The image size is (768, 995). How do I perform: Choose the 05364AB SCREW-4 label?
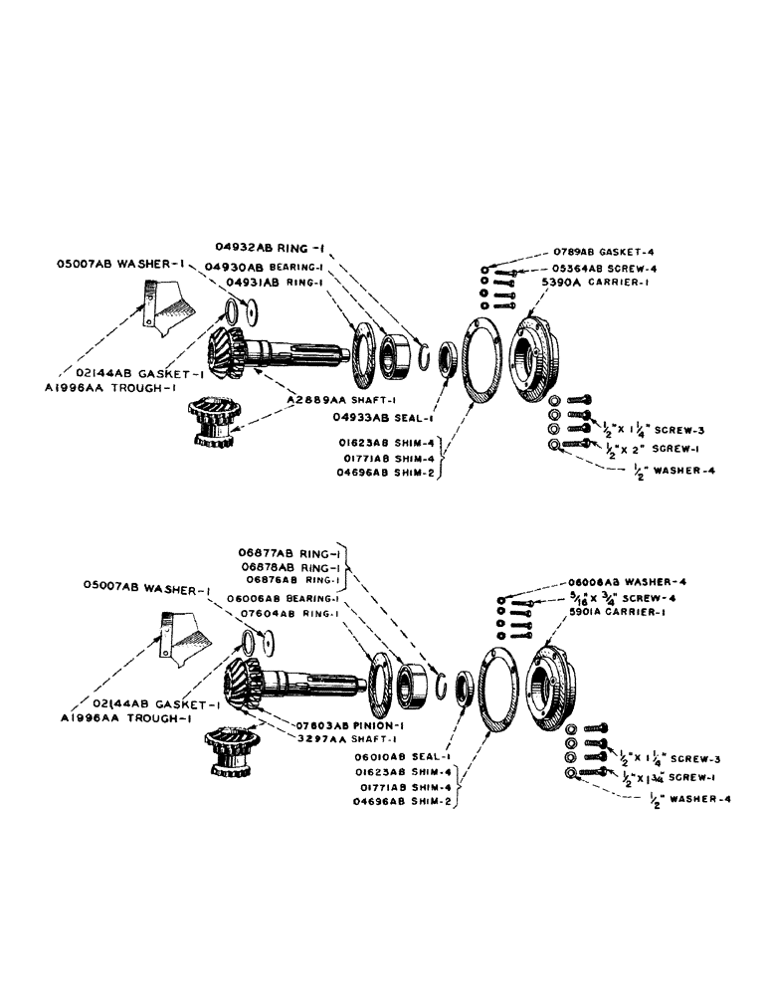602,268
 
